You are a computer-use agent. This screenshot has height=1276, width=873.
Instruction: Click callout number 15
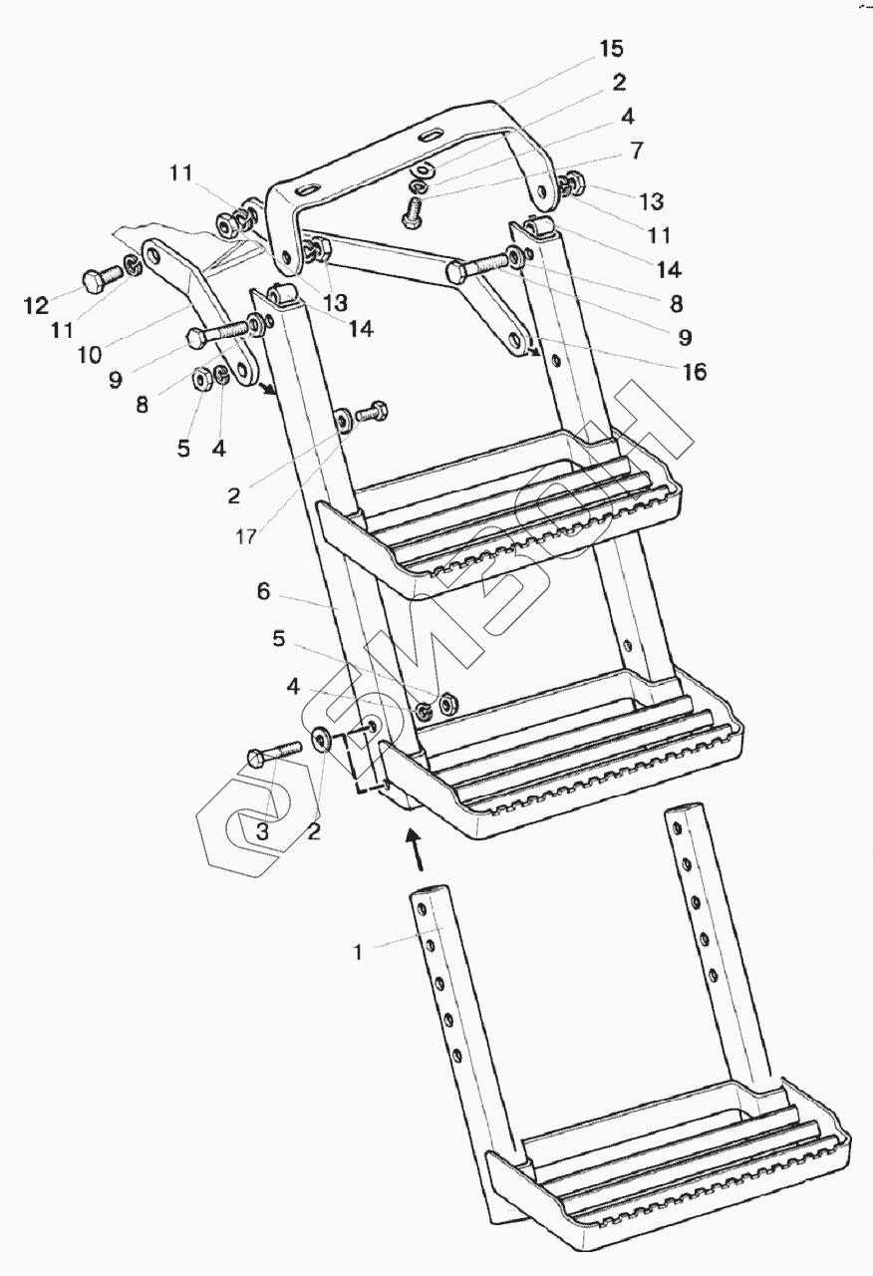tap(612, 48)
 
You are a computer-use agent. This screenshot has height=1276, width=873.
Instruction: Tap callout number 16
tap(694, 372)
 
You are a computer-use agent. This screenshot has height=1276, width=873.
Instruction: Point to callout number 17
tap(246, 536)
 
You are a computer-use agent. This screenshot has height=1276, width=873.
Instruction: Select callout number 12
tap(36, 305)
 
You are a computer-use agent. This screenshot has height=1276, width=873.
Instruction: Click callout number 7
tap(636, 151)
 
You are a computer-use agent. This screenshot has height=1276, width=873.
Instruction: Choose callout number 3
tap(261, 831)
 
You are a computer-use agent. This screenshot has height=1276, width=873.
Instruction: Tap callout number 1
tap(358, 951)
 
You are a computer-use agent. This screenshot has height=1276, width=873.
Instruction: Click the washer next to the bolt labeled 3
tap(323, 741)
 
